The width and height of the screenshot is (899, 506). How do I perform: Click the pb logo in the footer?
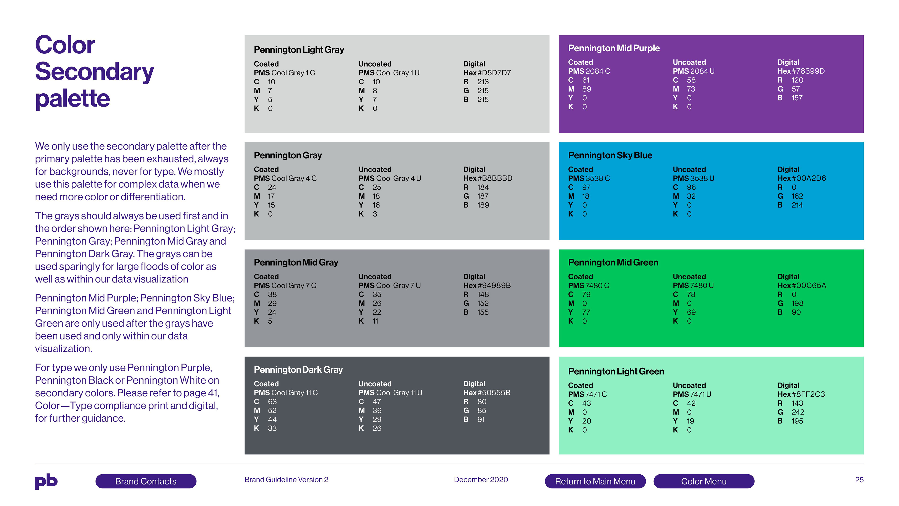tap(46, 482)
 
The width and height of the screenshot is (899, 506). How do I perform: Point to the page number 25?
tap(859, 480)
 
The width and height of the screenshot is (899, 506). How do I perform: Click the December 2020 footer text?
tap(481, 480)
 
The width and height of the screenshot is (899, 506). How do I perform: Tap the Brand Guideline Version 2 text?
tap(286, 480)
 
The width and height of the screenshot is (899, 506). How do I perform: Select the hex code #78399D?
tap(808, 71)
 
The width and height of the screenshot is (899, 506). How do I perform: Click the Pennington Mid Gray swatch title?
tap(296, 262)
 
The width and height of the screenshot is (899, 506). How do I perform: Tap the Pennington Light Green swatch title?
tap(616, 371)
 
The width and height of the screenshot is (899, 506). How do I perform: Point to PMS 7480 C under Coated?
tap(589, 285)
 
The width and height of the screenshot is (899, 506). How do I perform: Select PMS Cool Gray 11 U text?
tap(390, 393)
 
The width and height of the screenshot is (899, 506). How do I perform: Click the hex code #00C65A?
tap(809, 285)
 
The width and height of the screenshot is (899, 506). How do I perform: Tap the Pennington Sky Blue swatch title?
tap(610, 155)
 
